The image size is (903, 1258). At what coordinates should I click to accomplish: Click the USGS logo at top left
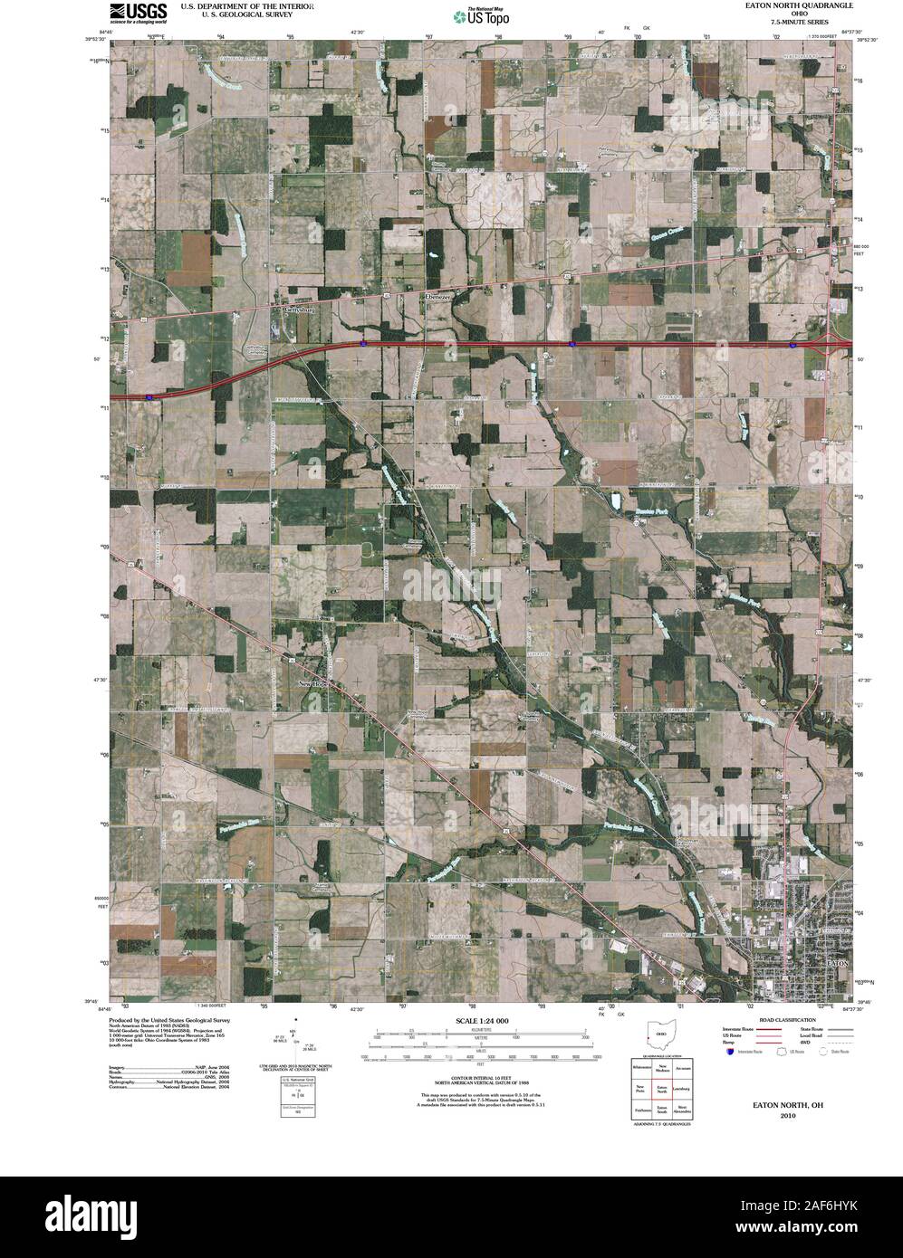[138, 12]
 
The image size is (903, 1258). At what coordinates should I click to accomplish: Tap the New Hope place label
[318, 685]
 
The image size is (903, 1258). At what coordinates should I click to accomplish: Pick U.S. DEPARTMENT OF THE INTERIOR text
[247, 5]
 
